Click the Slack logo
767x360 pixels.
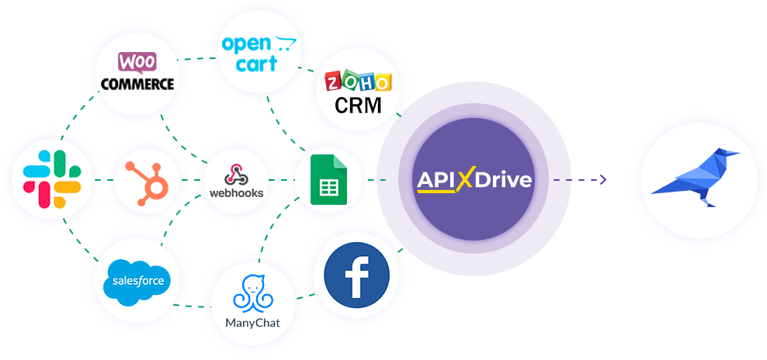pyautogui.click(x=52, y=179)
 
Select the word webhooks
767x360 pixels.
pyautogui.click(x=236, y=192)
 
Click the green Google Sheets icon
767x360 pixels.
pyautogui.click(x=328, y=179)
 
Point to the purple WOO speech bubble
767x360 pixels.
pyautogui.click(x=137, y=63)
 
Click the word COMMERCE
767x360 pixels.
pyautogui.click(x=137, y=84)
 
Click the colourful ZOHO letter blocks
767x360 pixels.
pyautogui.click(x=359, y=81)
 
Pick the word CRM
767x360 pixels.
pyautogui.click(x=358, y=105)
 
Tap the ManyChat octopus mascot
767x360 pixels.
pyautogui.click(x=252, y=293)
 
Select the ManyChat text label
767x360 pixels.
pyautogui.click(x=253, y=323)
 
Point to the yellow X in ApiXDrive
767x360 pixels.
pyautogui.click(x=467, y=179)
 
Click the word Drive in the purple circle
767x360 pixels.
pyautogui.click(x=503, y=180)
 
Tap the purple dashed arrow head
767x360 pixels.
pyautogui.click(x=603, y=179)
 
